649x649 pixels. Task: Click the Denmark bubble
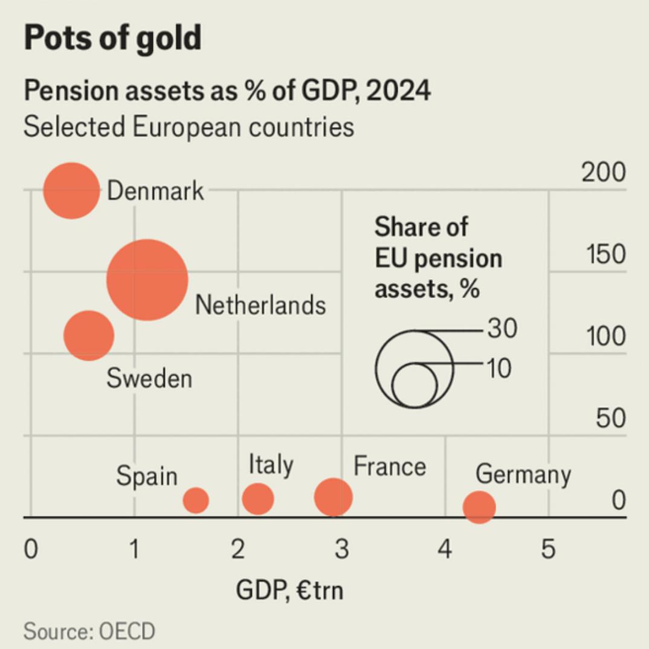[71, 190]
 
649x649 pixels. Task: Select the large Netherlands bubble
[147, 280]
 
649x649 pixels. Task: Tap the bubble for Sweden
[89, 335]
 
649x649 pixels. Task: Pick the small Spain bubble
[195, 500]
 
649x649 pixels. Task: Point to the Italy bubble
[258, 499]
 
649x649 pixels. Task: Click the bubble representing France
[333, 497]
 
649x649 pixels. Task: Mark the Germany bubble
[479, 507]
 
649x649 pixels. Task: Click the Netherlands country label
[260, 305]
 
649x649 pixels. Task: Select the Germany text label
[523, 475]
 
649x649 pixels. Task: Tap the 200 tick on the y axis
[603, 173]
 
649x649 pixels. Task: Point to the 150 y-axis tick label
[606, 254]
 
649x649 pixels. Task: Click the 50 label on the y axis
[610, 418]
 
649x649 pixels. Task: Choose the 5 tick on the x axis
[547, 551]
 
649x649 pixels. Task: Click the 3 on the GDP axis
[341, 551]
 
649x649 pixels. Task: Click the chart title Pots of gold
[112, 37]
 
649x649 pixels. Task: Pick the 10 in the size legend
[499, 367]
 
